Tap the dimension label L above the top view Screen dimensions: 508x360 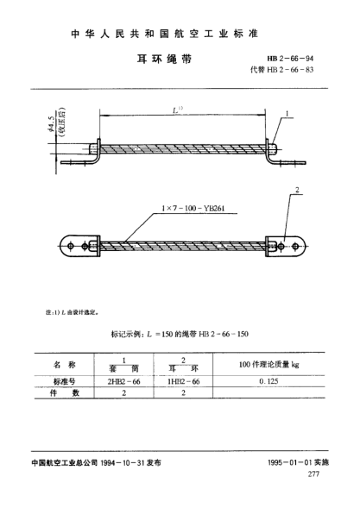pos(180,112)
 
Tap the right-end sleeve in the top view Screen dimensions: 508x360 pos(274,147)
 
